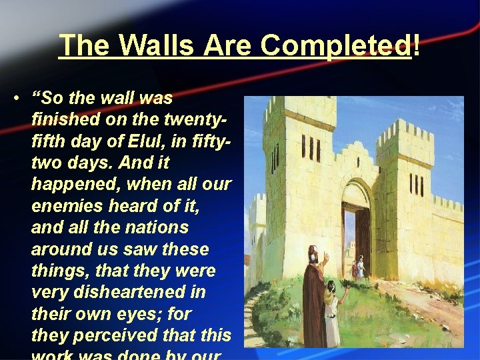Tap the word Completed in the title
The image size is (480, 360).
pos(336,45)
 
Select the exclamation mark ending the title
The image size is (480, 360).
pos(417,45)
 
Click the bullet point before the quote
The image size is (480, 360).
pos(14,99)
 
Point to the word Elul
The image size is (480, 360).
pos(149,141)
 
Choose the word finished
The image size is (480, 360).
pos(63,120)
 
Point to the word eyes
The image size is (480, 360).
pos(147,313)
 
